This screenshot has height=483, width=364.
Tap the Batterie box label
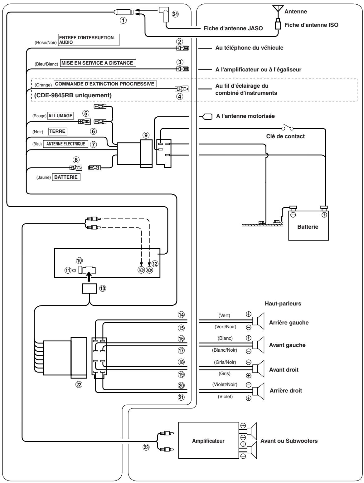tap(308, 227)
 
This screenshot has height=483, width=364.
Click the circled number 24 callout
tap(175, 14)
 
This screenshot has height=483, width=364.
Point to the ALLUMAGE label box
tap(61, 116)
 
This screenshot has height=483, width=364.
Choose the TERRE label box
tap(57, 131)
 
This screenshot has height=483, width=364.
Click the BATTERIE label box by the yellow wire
tap(66, 177)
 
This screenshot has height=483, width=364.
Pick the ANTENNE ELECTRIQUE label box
tap(66, 144)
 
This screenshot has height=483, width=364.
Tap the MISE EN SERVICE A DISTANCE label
tap(98, 63)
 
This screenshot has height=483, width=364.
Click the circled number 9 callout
tap(146, 135)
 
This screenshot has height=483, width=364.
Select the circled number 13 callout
tap(103, 288)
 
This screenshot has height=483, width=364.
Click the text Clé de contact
tap(285, 136)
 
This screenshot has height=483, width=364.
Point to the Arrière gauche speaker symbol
tap(258, 321)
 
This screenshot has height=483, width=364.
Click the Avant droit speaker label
tap(284, 369)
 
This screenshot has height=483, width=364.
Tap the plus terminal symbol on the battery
tap(324, 215)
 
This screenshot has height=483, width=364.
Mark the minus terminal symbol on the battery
tap(293, 215)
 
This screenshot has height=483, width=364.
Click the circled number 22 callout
tap(79, 384)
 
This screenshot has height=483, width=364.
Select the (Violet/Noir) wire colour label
tap(225, 384)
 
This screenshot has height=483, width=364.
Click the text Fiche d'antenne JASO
tap(233, 28)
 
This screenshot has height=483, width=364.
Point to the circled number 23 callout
tap(146, 447)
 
